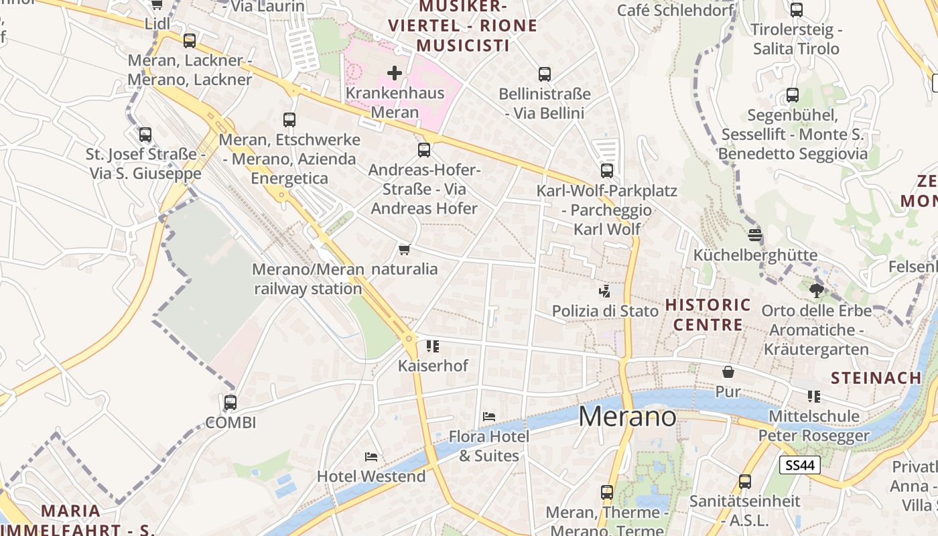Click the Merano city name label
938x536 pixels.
[627, 417]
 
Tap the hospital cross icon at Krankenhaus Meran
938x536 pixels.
[395, 72]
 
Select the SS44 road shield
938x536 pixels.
[800, 465]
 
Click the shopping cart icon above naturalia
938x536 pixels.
[404, 250]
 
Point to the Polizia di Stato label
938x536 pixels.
[605, 311]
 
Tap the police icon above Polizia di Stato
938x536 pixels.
[605, 291]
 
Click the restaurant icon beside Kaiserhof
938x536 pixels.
[433, 346]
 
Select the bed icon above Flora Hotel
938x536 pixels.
[489, 417]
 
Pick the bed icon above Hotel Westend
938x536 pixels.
[371, 457]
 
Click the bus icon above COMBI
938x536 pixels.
[230, 403]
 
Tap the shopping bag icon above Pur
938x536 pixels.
[728, 372]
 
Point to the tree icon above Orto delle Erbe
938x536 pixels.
[816, 291]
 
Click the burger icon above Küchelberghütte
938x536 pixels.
[755, 235]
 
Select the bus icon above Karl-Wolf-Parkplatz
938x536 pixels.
[607, 171]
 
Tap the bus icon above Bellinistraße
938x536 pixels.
[545, 74]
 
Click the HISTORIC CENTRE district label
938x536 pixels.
[708, 315]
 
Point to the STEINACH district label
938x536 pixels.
[876, 378]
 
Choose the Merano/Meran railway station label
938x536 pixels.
[308, 279]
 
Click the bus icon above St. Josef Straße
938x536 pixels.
[145, 135]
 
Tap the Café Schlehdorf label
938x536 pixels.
[675, 10]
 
